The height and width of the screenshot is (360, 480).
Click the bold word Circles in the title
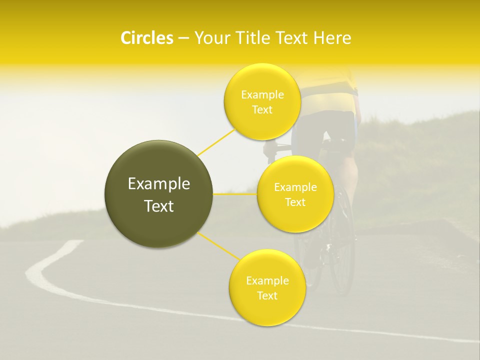[x=147, y=38]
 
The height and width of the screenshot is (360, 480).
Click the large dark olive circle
[x=159, y=194]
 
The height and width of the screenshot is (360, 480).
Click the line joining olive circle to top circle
[x=216, y=142]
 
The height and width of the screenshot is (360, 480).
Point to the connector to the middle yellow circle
[x=235, y=194]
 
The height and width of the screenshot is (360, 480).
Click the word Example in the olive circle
[x=159, y=184]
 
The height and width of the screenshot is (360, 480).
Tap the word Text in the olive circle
[x=159, y=206]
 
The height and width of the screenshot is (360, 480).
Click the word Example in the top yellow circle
[x=262, y=95]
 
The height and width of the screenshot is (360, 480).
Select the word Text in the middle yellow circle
[x=295, y=202]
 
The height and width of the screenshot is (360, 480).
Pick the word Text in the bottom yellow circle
[x=267, y=295]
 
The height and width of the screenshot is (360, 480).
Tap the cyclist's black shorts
[x=330, y=125]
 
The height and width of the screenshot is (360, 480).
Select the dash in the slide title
[x=183, y=38]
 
